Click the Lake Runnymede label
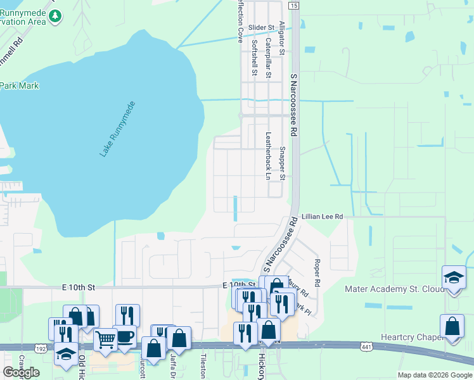click(x=118, y=129)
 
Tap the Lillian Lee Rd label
click(x=322, y=217)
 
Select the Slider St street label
click(x=260, y=28)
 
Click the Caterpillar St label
click(x=269, y=58)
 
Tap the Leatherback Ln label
click(x=268, y=155)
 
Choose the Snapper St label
click(x=283, y=163)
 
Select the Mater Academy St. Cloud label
click(x=391, y=289)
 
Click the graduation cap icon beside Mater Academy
click(x=454, y=278)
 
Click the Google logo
click(x=21, y=372)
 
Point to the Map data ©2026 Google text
click(x=435, y=375)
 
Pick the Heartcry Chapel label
click(x=411, y=338)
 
